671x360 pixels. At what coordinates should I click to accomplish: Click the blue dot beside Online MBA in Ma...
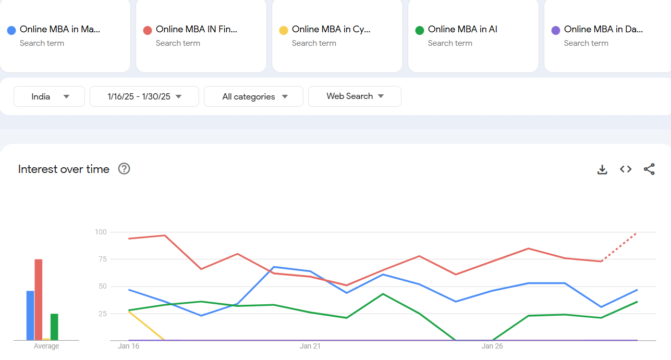click(11, 30)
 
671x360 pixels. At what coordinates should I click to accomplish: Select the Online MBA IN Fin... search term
click(197, 30)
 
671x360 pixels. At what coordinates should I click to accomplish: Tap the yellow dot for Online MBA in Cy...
click(284, 30)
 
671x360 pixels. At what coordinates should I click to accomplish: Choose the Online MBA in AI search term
click(462, 30)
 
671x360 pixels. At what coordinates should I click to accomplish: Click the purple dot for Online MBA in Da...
click(556, 30)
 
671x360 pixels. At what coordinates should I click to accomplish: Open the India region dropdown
click(49, 96)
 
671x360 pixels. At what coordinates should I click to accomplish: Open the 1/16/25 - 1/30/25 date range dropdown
click(144, 96)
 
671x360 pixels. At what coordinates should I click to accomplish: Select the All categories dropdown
click(253, 96)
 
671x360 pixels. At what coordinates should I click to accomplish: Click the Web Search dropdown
click(355, 96)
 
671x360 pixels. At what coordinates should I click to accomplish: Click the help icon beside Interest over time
click(124, 169)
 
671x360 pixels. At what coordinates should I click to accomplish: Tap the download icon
click(602, 169)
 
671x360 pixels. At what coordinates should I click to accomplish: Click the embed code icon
click(626, 169)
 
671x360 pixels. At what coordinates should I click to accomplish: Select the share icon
click(649, 169)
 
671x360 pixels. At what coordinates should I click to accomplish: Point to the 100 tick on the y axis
click(101, 232)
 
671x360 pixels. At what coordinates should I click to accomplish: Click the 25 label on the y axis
click(102, 314)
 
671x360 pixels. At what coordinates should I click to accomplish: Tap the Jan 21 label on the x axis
click(310, 346)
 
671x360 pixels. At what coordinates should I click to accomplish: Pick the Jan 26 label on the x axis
click(492, 346)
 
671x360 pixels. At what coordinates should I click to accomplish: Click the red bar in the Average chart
click(39, 300)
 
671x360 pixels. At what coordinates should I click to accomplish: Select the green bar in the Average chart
click(54, 327)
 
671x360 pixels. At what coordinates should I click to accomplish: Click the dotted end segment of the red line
click(619, 247)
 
